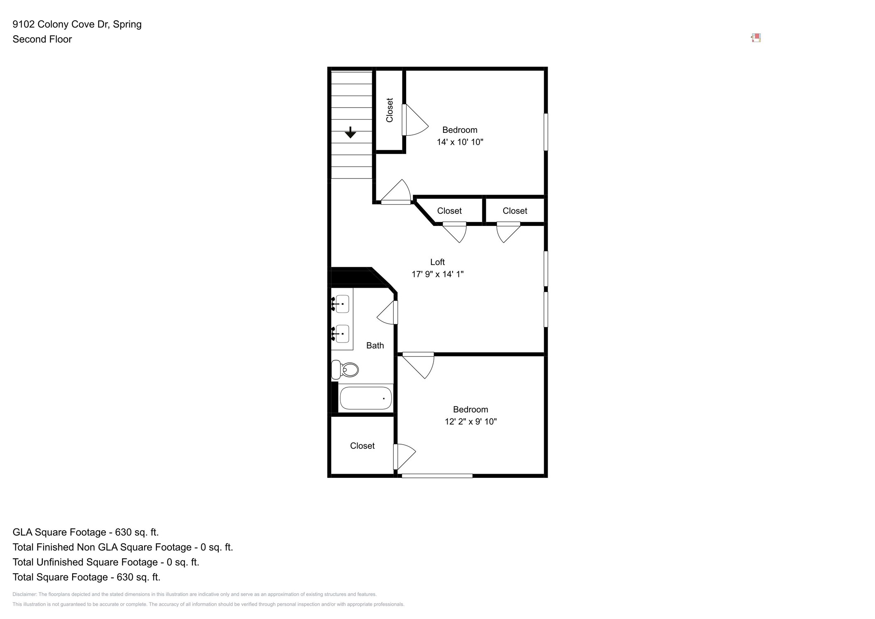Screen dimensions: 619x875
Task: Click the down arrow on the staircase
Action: (350, 132)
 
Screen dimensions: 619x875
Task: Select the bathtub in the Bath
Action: (366, 398)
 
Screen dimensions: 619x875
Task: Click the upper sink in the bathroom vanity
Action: (342, 304)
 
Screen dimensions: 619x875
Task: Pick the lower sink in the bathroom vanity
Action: (342, 334)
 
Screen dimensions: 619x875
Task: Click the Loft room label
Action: (437, 262)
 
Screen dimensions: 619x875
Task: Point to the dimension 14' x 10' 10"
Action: (460, 142)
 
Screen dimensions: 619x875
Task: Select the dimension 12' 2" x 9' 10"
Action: (470, 421)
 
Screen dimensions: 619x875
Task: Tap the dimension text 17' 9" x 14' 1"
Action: (437, 274)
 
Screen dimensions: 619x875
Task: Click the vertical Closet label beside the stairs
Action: (389, 110)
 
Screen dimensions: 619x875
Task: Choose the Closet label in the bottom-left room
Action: (362, 445)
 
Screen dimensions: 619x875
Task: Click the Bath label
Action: (375, 345)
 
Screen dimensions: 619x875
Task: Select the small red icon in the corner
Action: (756, 38)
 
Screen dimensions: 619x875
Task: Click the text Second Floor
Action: (42, 39)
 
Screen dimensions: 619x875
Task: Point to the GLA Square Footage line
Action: (85, 532)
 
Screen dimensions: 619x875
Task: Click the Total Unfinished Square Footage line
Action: (106, 562)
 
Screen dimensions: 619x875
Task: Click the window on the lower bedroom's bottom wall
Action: (437, 476)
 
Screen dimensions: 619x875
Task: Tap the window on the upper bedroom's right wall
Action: (546, 132)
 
